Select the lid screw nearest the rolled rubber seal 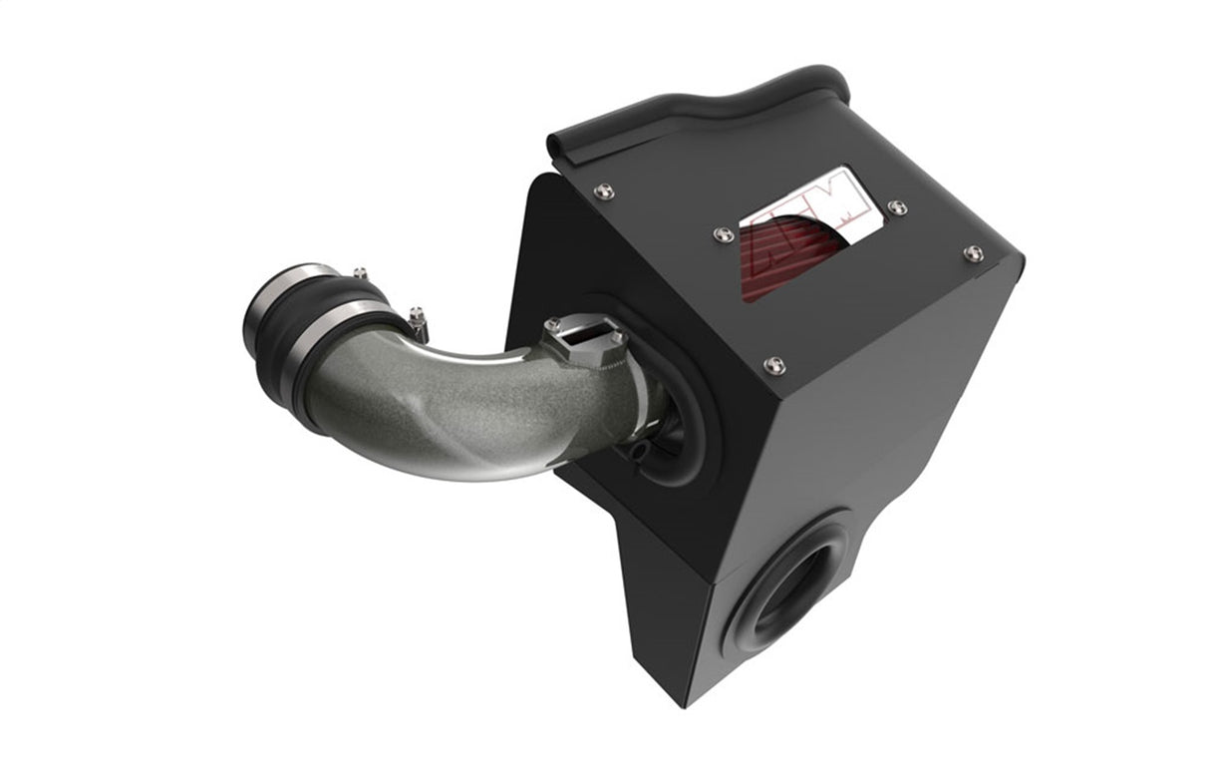click(x=601, y=191)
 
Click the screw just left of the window click(x=725, y=234)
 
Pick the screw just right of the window click(x=897, y=207)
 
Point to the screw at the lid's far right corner click(x=973, y=253)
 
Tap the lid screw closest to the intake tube click(x=772, y=365)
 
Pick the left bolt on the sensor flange click(x=552, y=325)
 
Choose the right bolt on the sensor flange click(x=620, y=339)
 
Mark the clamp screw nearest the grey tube click(x=416, y=316)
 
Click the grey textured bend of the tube click(x=449, y=409)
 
